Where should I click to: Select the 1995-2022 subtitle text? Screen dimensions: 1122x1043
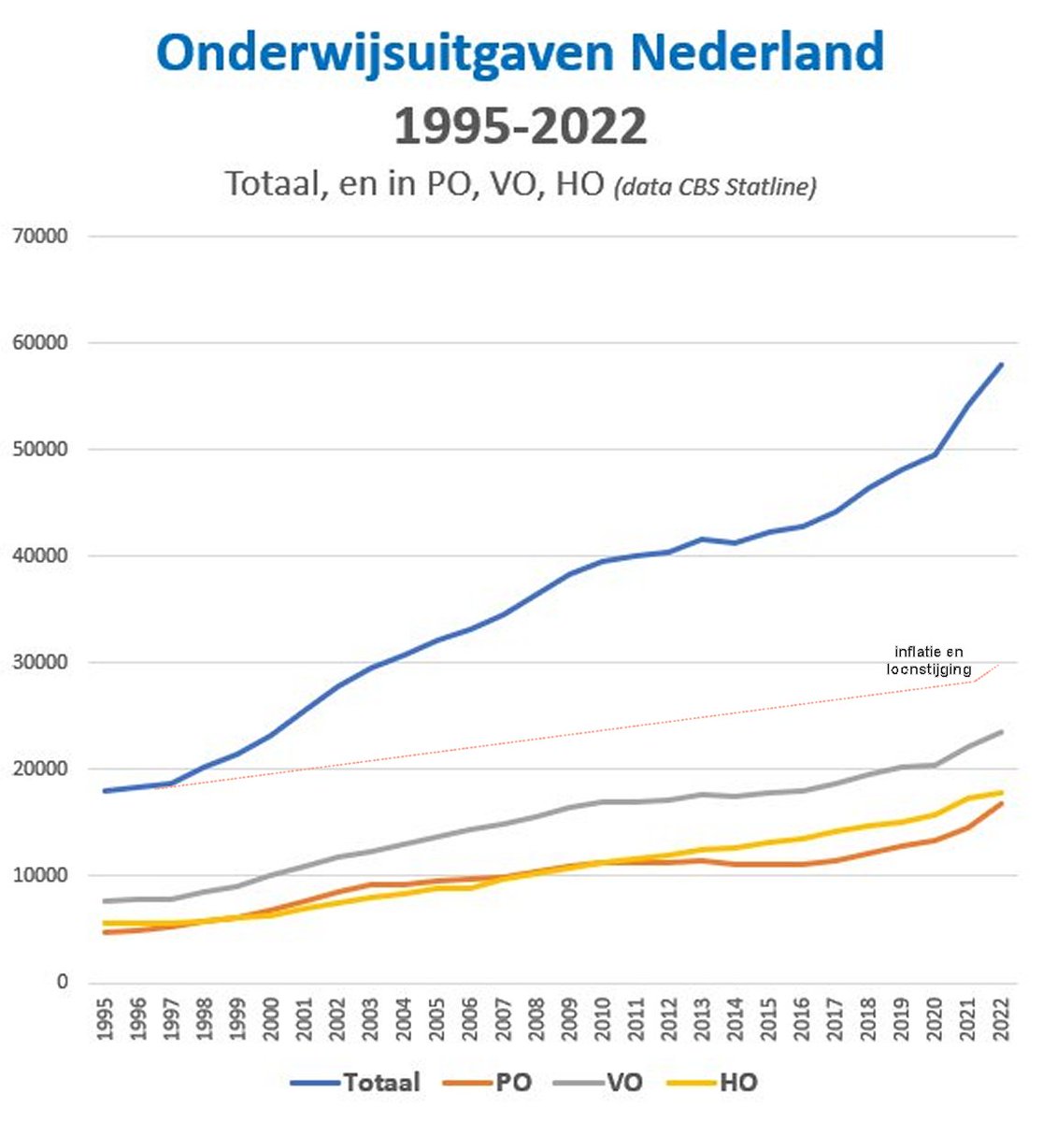point(521,126)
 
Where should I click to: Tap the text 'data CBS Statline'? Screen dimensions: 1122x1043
point(715,186)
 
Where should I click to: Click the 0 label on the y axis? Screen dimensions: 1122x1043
point(63,983)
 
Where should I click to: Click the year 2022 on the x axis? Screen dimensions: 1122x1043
point(1003,1021)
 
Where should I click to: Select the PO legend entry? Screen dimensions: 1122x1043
point(513,1083)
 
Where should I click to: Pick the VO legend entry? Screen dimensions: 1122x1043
point(624,1083)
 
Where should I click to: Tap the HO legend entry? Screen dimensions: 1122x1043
point(737,1083)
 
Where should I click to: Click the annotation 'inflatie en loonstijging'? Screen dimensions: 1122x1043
point(929,660)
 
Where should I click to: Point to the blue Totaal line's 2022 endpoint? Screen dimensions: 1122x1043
point(1002,365)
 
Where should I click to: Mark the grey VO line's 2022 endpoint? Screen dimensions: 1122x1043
point(1002,732)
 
